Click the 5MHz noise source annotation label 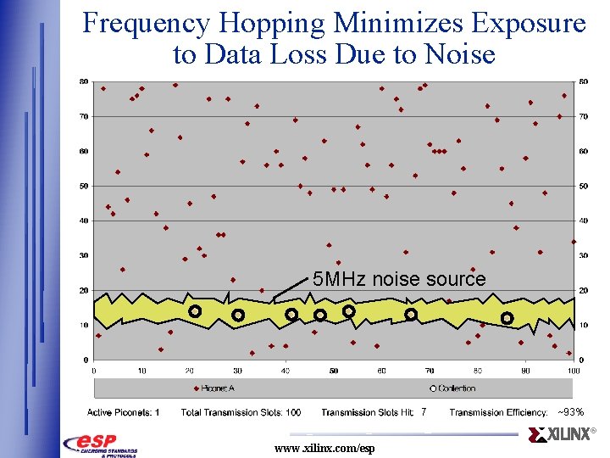pyautogui.click(x=399, y=279)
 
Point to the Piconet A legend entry pyautogui.click(x=218, y=388)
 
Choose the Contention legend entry pyautogui.click(x=455, y=388)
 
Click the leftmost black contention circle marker pyautogui.click(x=194, y=311)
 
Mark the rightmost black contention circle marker pyautogui.click(x=507, y=318)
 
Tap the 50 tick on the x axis pyautogui.click(x=334, y=371)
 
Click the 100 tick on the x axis pyautogui.click(x=573, y=371)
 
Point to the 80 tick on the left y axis pyautogui.click(x=84, y=81)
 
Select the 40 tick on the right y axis pyautogui.click(x=585, y=221)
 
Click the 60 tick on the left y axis pyautogui.click(x=84, y=151)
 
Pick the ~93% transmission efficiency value pyautogui.click(x=569, y=412)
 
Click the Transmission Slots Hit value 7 pyautogui.click(x=423, y=412)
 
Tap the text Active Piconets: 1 pyautogui.click(x=123, y=412)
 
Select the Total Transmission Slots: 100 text pyautogui.click(x=241, y=412)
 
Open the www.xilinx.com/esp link pyautogui.click(x=324, y=448)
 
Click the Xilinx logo pyautogui.click(x=561, y=435)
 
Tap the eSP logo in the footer pyautogui.click(x=100, y=444)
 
